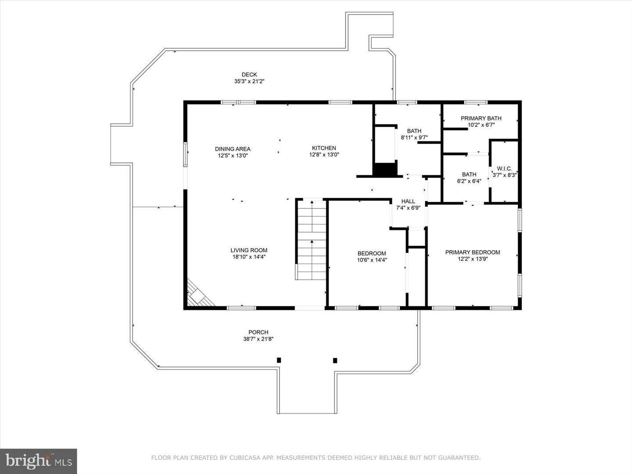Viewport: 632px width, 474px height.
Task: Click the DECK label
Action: coord(249,75)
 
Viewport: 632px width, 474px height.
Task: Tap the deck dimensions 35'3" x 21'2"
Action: coord(249,81)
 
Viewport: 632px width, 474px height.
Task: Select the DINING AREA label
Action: coord(233,149)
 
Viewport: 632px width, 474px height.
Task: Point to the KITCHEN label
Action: coord(324,148)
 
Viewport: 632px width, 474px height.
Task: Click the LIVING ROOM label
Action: coord(249,250)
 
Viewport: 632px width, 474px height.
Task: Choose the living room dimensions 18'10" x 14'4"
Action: coord(249,257)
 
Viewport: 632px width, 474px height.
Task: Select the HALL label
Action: coord(408,201)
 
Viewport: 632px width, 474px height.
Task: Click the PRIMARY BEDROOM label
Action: coord(472,252)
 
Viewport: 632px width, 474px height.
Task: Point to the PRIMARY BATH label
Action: coord(481,118)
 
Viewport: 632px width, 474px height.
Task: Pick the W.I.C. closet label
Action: coord(504,169)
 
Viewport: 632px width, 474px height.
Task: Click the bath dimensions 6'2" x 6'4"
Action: coord(469,181)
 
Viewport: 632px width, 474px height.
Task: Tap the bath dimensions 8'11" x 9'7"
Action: coord(414,137)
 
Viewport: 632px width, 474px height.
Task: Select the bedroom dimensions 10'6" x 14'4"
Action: coord(372,260)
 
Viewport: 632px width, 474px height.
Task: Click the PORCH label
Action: coord(258,332)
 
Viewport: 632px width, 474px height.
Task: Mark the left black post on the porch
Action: coord(279,360)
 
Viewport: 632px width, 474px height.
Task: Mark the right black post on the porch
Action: coord(335,360)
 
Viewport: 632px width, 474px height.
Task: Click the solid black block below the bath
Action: coord(384,169)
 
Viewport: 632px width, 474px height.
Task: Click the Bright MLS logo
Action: coord(38,461)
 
